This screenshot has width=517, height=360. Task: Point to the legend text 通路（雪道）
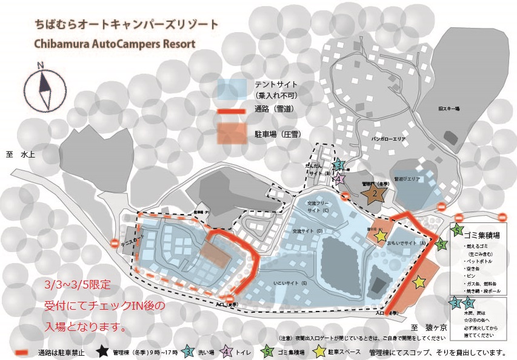point(274,110)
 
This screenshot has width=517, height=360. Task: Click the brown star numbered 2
point(375,193)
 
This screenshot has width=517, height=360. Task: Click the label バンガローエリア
point(379,139)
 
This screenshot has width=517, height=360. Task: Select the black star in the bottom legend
point(102,351)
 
